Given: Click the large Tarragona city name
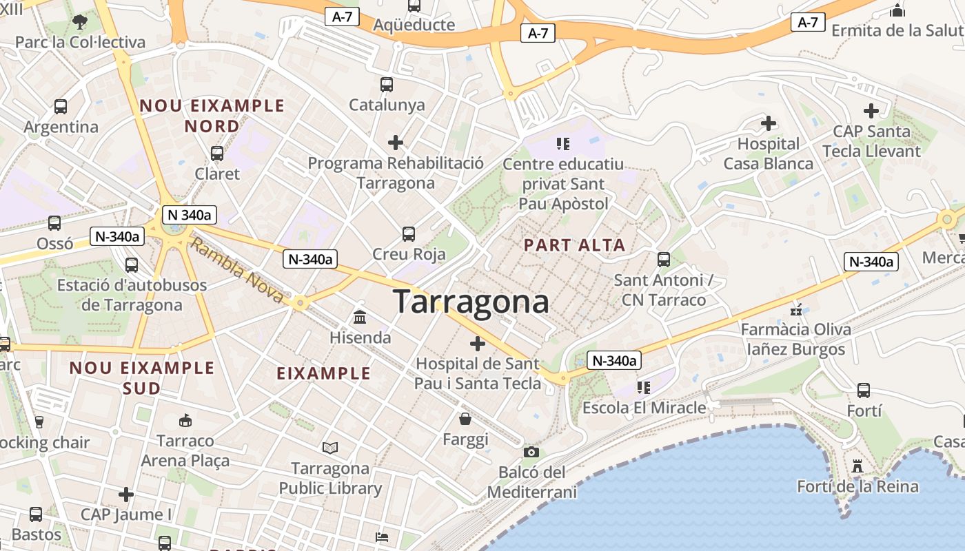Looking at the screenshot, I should (x=471, y=302).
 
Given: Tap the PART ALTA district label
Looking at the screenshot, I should (x=574, y=245).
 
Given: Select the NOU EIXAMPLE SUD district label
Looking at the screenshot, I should (x=142, y=377).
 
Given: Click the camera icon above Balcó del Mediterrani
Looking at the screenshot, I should (x=531, y=452).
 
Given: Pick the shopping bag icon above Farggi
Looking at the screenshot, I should (x=466, y=419).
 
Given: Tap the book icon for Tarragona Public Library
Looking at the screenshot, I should (x=330, y=448).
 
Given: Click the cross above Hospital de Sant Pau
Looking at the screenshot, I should (x=477, y=343).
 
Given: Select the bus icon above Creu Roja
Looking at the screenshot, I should (x=409, y=234).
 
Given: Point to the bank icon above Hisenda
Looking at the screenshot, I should (x=360, y=318).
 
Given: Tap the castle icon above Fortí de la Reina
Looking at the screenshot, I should (x=857, y=466).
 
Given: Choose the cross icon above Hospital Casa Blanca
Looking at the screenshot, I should (x=768, y=124).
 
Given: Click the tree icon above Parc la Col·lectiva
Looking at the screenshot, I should (x=80, y=22).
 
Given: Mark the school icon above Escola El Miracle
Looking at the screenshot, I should (x=643, y=388).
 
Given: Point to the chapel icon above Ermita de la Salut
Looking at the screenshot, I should (x=897, y=10).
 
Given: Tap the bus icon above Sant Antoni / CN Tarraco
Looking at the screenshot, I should (x=664, y=260).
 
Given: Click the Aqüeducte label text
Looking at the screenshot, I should (x=414, y=25).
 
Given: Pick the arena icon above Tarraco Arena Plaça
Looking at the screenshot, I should (x=185, y=420).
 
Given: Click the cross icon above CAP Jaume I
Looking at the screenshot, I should (x=125, y=495).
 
